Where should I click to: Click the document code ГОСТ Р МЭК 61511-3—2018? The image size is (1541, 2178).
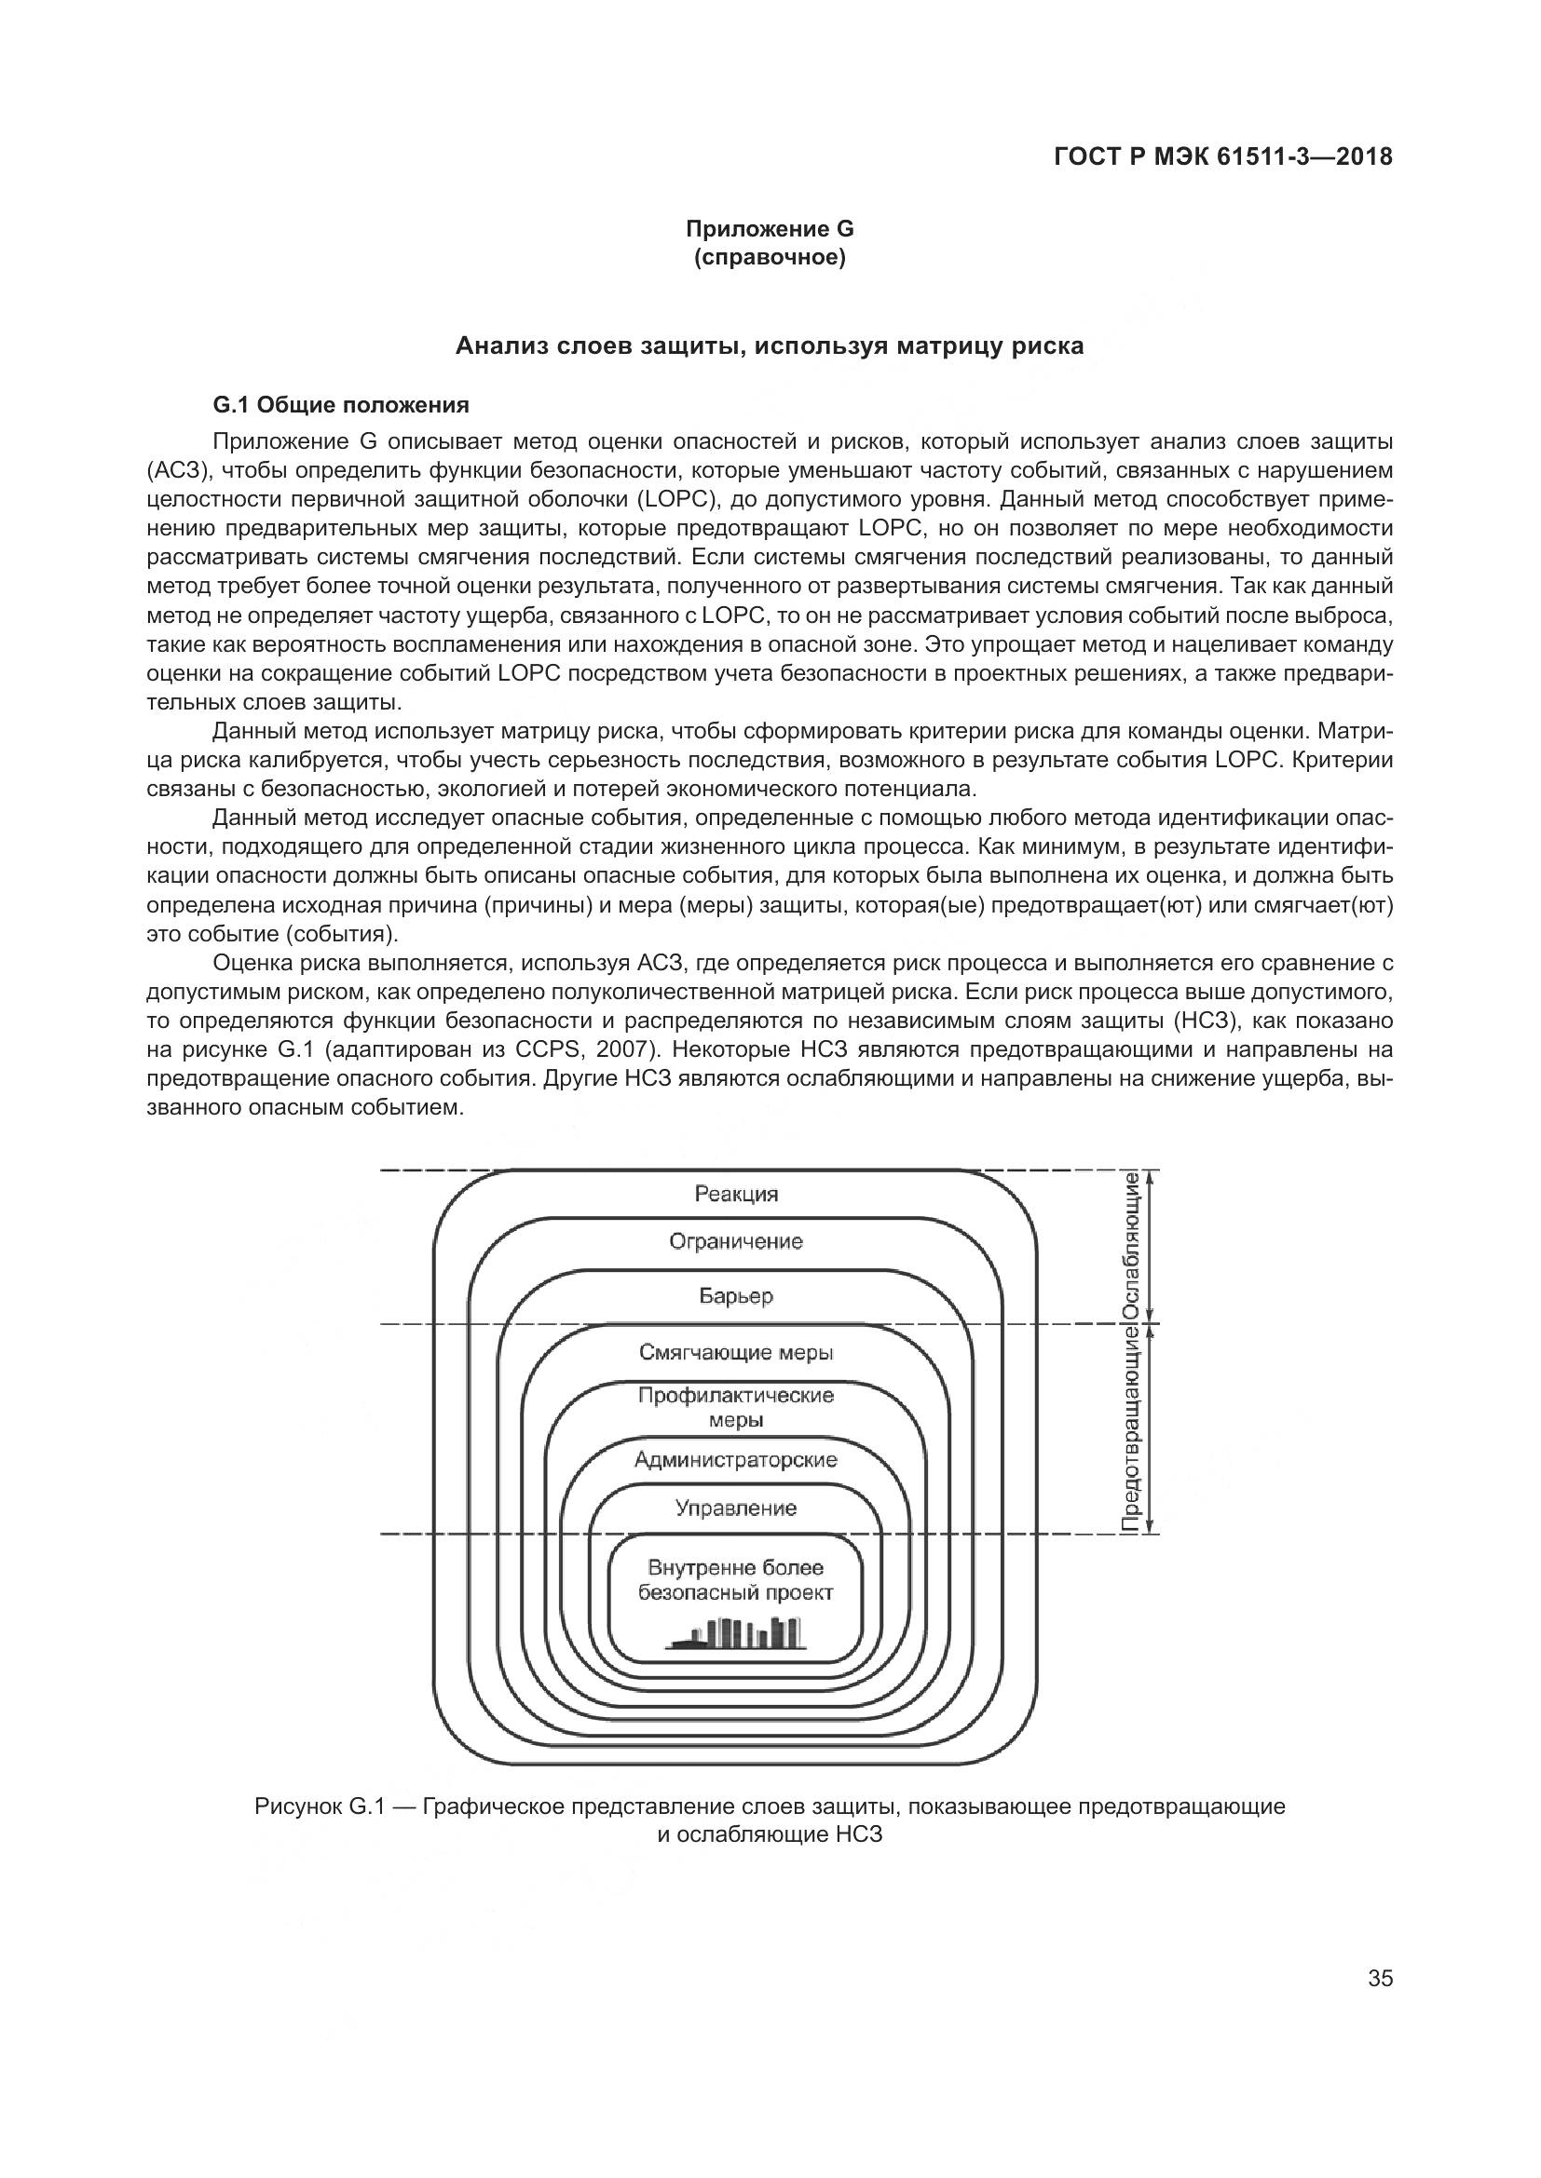1223,157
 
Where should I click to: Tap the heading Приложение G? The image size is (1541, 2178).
770,229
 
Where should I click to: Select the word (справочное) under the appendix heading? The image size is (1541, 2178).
770,257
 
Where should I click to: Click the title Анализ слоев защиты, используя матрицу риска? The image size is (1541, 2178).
770,346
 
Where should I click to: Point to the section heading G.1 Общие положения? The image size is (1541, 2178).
341,406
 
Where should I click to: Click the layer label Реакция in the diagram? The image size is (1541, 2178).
736,1195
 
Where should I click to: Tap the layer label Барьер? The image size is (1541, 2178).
736,1296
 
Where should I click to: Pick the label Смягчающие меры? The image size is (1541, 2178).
736,1353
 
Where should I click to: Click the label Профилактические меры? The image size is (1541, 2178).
736,1408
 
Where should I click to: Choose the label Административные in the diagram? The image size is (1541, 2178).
736,1460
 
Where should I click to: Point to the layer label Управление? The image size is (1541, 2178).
736,1508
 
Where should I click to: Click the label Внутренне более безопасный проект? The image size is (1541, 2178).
736,1580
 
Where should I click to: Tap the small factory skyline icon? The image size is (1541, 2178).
736,1632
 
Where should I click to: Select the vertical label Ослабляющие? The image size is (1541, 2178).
1131,1245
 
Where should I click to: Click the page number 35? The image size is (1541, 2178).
1381,1979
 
